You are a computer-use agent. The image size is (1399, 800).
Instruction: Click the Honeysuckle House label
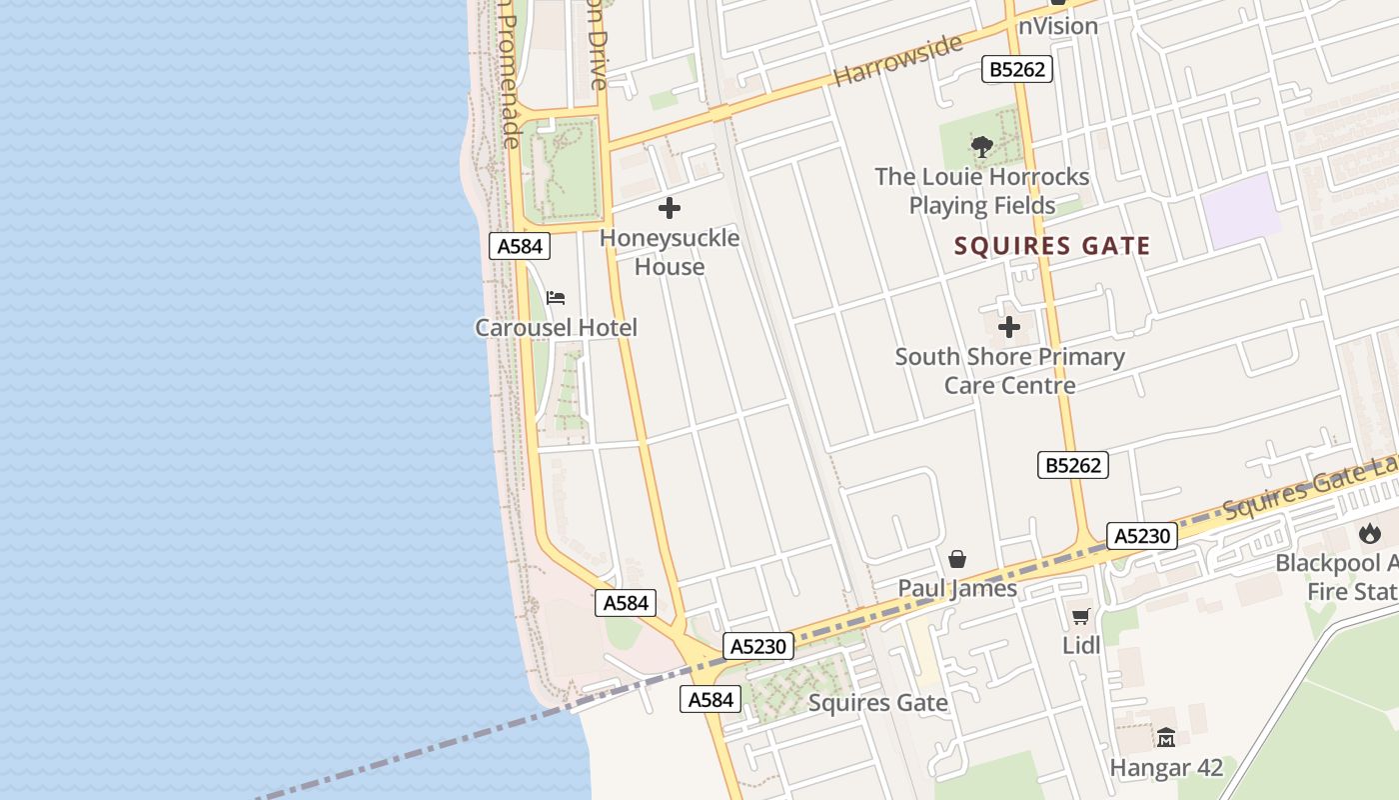670,252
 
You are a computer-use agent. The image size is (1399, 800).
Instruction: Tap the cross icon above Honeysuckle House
670,208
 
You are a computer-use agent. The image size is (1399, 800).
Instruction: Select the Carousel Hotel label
556,327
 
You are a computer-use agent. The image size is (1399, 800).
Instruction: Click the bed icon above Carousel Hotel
556,297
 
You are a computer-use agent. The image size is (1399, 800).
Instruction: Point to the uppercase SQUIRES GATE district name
1052,246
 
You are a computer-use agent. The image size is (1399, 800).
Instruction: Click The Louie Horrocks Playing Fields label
982,191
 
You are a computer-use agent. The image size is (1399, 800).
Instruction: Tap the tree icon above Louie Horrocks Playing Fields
982,147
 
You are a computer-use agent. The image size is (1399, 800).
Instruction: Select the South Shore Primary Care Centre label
1009,370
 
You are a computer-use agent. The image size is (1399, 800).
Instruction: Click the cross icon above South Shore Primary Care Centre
1009,327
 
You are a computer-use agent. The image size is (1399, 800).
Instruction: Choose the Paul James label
957,588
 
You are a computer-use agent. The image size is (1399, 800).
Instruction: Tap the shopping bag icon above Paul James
957,559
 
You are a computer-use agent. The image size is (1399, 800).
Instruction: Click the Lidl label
1081,645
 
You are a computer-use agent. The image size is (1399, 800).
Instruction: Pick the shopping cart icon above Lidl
1080,616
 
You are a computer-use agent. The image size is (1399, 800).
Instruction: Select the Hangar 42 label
1166,768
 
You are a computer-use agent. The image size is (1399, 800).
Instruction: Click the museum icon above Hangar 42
1166,738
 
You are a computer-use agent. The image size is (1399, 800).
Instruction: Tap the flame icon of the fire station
1367,534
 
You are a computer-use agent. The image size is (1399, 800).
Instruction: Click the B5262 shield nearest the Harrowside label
1017,69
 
